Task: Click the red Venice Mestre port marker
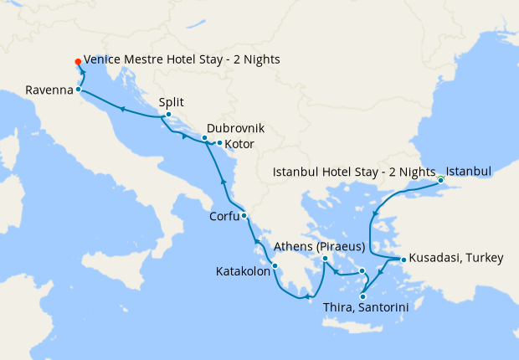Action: coord(78,61)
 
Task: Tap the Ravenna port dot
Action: coord(78,89)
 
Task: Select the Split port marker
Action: coord(168,115)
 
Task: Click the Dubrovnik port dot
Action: coord(204,137)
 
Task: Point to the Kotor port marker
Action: coord(219,143)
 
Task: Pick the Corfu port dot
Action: coord(244,216)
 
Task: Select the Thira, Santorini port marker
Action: coord(362,296)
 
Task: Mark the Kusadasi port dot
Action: coord(403,260)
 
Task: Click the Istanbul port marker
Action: coord(440,179)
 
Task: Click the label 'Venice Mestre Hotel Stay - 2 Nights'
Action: coord(182,60)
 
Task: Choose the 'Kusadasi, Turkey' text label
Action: coord(456,259)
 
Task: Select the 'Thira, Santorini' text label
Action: coord(365,308)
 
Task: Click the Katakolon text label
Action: coord(242,272)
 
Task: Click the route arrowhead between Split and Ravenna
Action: coord(122,109)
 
